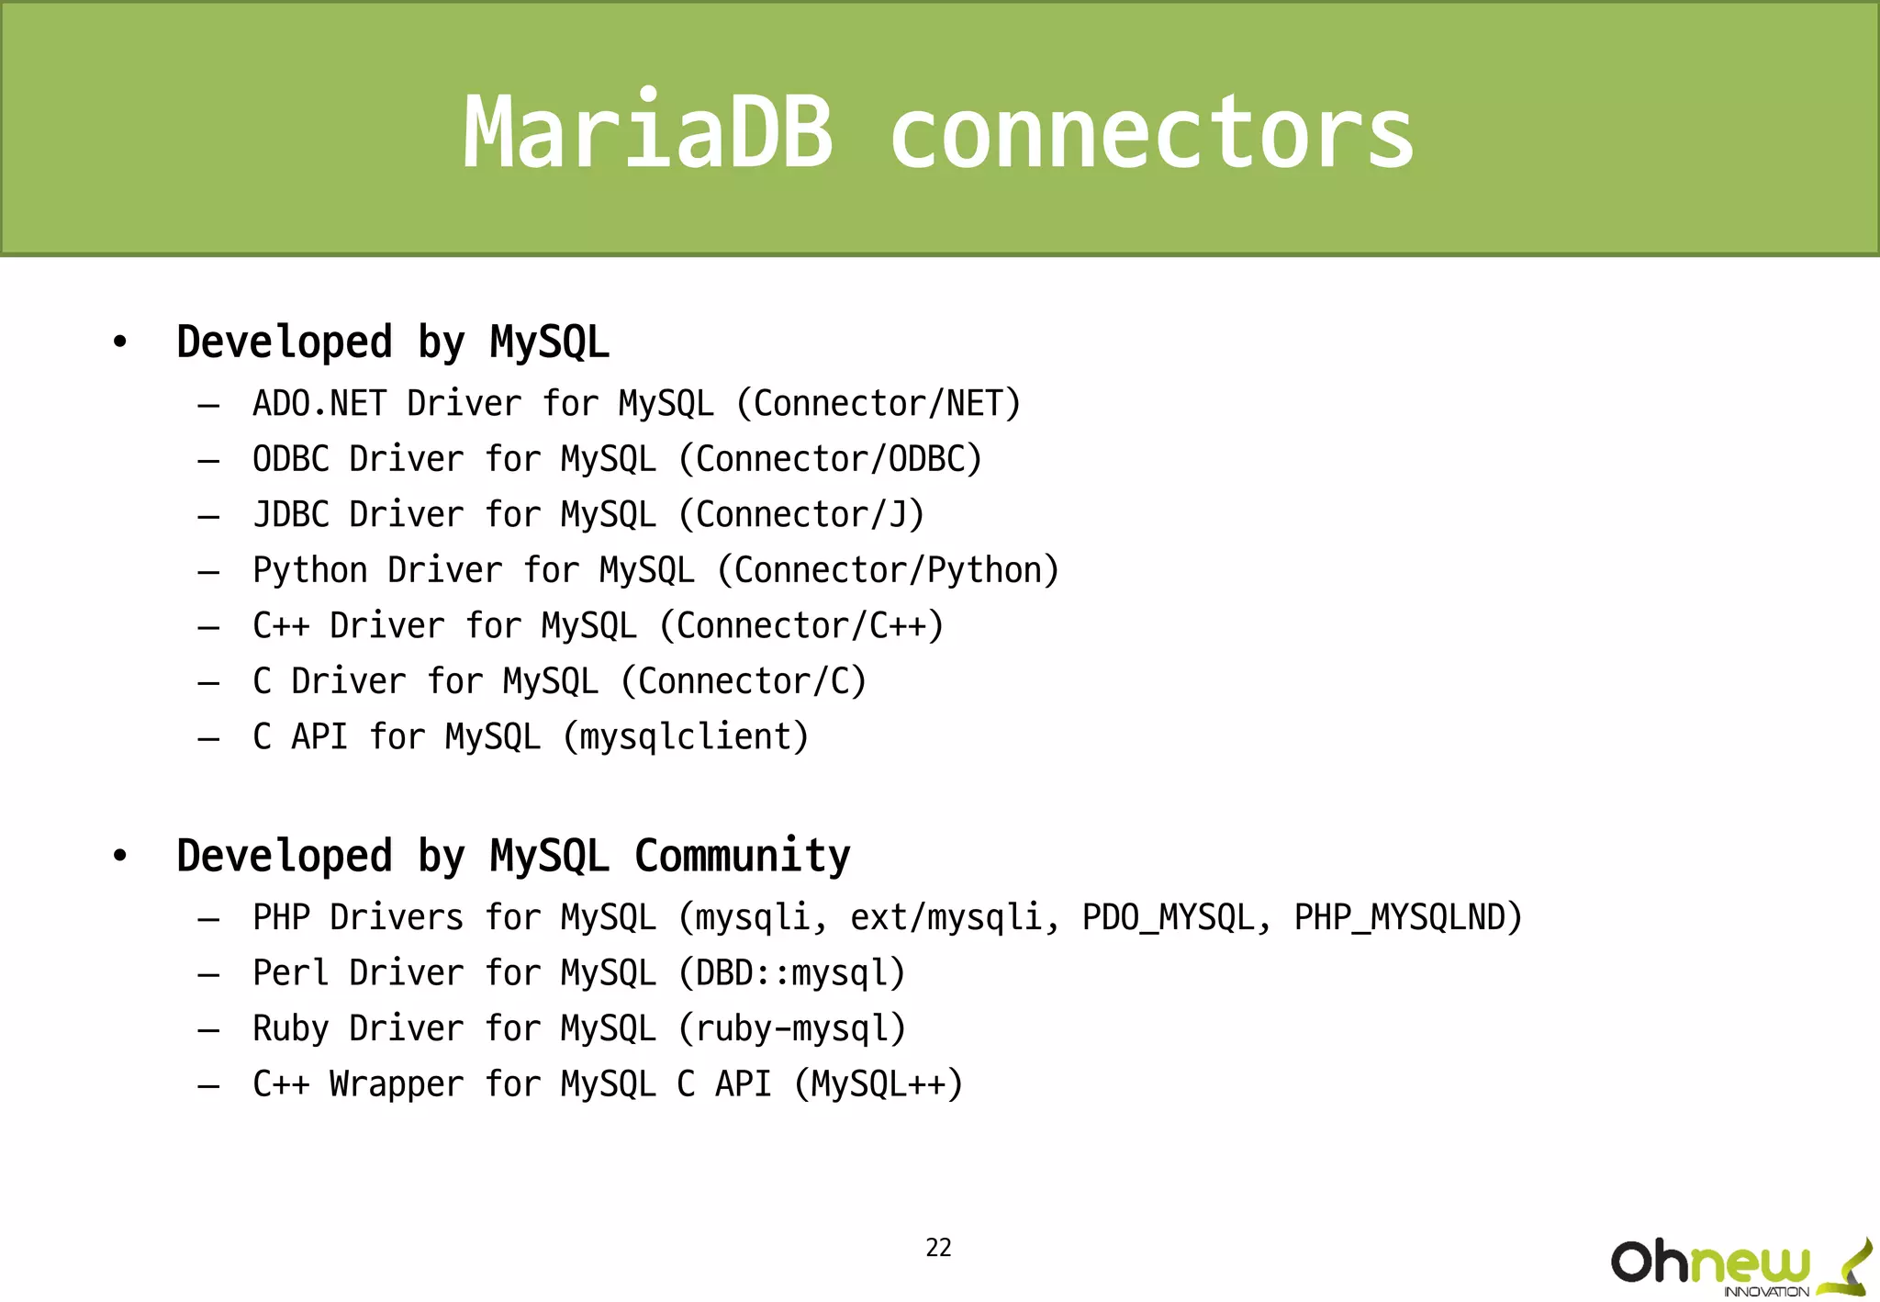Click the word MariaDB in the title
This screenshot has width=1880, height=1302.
pos(648,133)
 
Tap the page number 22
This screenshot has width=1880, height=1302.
pos(938,1247)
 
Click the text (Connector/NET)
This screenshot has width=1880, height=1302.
pos(878,404)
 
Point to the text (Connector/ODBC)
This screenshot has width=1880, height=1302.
pos(830,459)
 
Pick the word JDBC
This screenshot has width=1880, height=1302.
pos(291,515)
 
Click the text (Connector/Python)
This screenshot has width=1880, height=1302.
pos(888,570)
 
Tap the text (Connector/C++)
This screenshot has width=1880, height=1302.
pos(801,626)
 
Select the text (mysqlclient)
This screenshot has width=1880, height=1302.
pos(686,737)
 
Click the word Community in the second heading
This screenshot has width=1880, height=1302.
pos(743,856)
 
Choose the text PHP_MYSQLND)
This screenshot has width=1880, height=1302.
pos(1408,918)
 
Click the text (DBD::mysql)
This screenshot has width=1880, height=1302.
pos(791,973)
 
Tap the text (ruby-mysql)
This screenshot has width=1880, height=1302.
pos(791,1028)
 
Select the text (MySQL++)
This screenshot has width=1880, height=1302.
pos(878,1084)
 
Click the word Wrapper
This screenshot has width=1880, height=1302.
pos(397,1084)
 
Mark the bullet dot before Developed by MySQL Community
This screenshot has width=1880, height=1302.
pos(120,856)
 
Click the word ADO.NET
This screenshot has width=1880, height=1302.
pos(319,404)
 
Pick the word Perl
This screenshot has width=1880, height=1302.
pos(291,973)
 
